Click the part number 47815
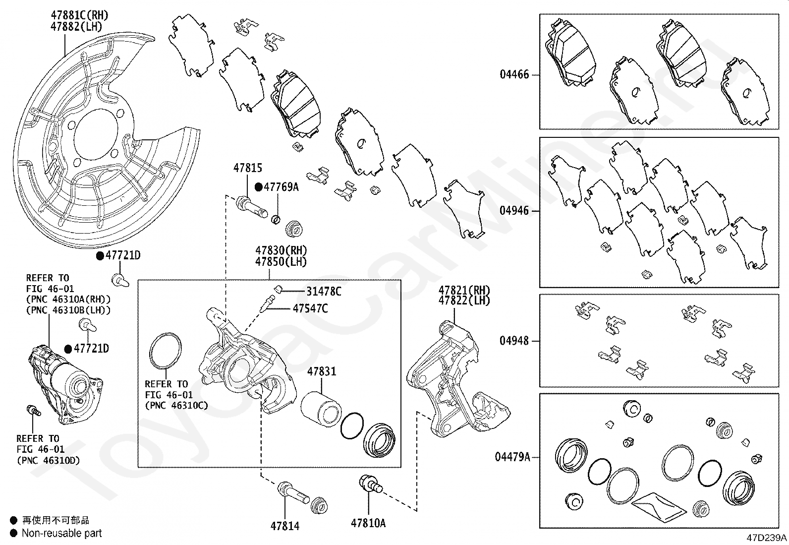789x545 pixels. pos(248,169)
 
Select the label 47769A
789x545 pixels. pos(281,187)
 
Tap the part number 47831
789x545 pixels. pos(321,371)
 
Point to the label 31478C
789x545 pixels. pos(324,292)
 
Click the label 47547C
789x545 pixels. pos(310,308)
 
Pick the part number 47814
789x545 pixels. pos(285,526)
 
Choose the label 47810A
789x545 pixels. pos(368,523)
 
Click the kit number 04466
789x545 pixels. pos(514,75)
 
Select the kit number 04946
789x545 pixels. pos(514,211)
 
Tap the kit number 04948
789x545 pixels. pos(514,341)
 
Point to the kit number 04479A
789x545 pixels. pos(512,457)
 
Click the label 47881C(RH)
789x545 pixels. pos(79,15)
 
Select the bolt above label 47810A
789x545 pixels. pos(369,484)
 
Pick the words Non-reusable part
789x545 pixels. pos(61,534)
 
